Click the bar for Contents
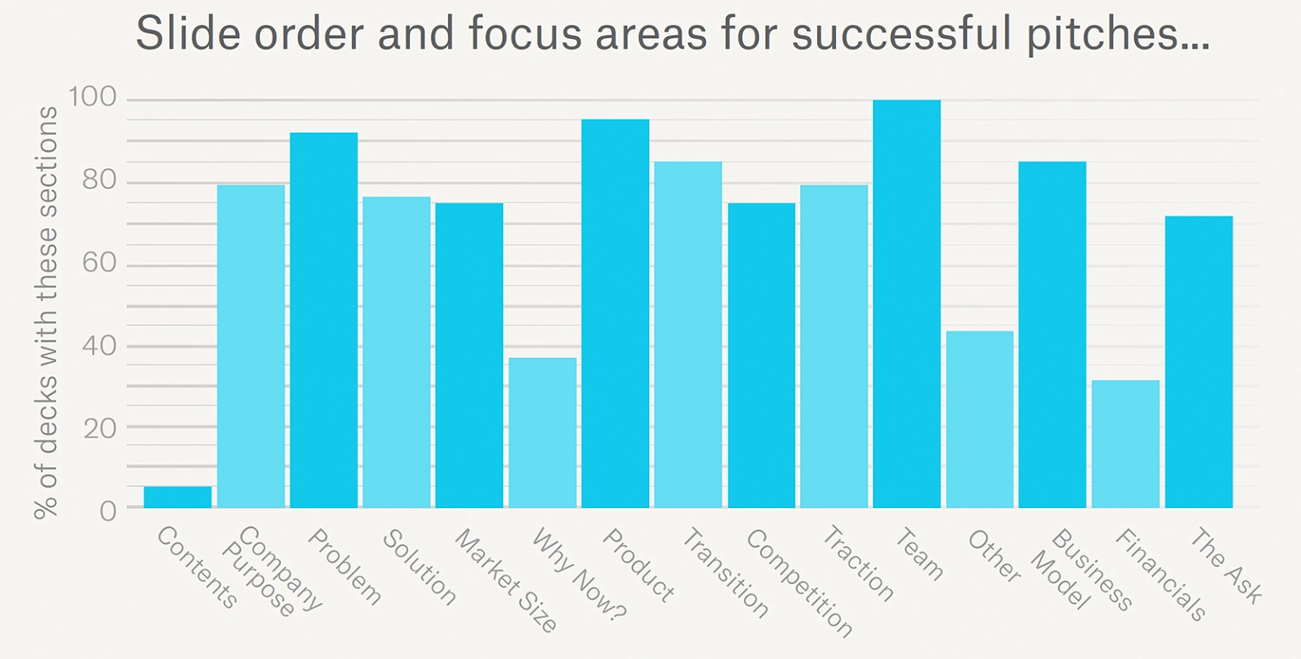177,497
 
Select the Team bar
907,304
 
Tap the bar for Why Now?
542,432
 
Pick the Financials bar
1125,444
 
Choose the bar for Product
615,314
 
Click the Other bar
980,419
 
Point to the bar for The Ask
1199,362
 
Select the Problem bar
324,320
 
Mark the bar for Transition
688,335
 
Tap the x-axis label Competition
798,582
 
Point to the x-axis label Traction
858,562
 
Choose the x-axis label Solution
419,566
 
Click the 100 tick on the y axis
93,98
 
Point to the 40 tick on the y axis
99,345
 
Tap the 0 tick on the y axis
108,510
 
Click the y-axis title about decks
46,312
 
